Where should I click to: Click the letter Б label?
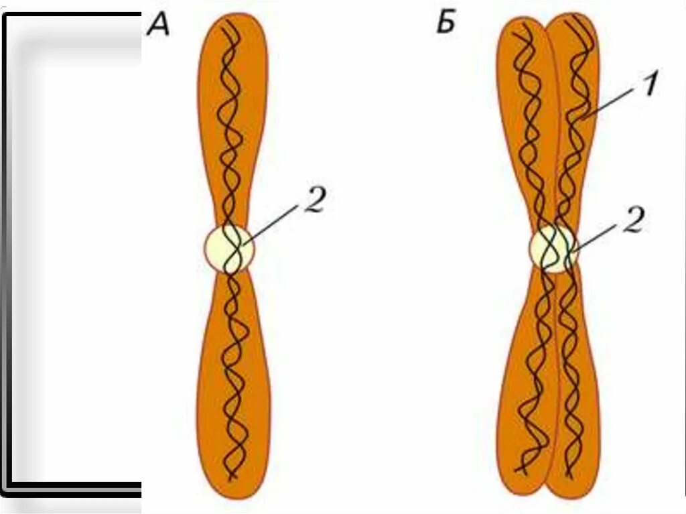(445, 24)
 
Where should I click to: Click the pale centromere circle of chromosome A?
(229, 249)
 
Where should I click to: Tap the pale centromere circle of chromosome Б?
(553, 249)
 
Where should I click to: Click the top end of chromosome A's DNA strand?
(227, 21)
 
